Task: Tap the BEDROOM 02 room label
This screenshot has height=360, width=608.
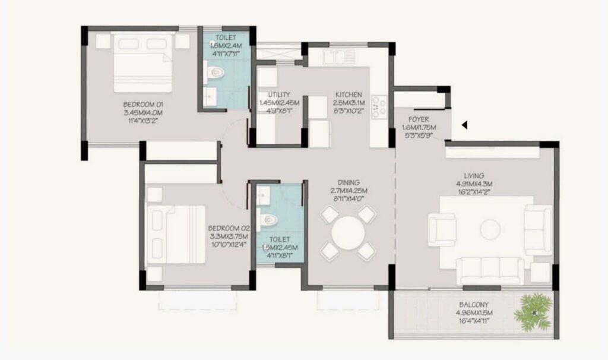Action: coord(226,228)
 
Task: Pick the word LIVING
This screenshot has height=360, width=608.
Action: coord(474,176)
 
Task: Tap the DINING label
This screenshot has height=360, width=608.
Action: coord(349,182)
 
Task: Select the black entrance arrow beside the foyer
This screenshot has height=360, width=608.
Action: coord(465,125)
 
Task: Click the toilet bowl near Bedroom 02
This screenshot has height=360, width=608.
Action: coord(270,219)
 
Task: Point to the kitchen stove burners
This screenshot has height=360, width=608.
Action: coord(380,107)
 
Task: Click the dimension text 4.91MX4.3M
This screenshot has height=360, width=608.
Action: coord(474,184)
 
